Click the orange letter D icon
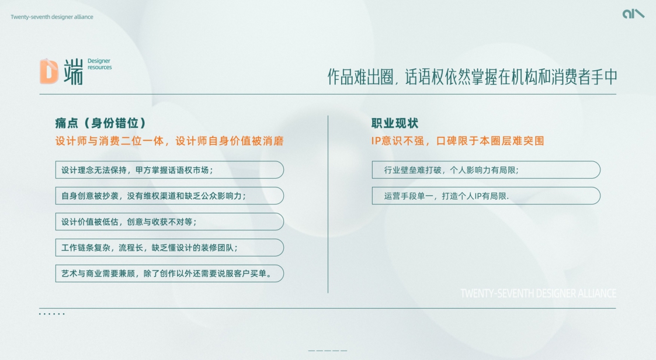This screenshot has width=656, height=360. click(49, 71)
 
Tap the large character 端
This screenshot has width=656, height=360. click(73, 71)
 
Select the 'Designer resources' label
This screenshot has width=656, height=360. click(99, 64)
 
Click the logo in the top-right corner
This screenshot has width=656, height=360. click(633, 13)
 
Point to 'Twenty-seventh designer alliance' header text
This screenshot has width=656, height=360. click(52, 17)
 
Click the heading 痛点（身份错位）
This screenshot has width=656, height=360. click(100, 123)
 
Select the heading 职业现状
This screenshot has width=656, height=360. click(395, 123)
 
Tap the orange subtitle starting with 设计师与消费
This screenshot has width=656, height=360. click(169, 141)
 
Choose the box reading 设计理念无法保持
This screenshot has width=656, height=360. click(169, 170)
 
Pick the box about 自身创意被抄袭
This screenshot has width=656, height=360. click(169, 196)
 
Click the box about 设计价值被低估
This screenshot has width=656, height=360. click(169, 221)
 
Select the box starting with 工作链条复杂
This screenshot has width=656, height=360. click(169, 247)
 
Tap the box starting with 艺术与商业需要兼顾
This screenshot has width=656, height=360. click(169, 273)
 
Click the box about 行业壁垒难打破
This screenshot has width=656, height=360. click(486, 170)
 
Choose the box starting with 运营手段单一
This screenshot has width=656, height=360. click(486, 196)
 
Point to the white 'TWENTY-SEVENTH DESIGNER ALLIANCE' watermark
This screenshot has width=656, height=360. click(538, 293)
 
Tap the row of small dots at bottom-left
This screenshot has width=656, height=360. click(52, 314)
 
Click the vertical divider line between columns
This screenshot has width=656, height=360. click(328, 205)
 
